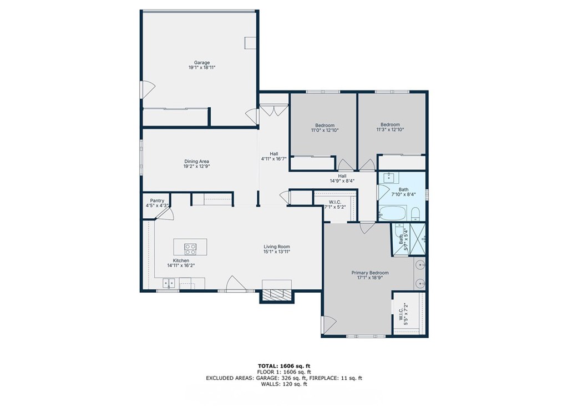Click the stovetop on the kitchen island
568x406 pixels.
click(190, 248)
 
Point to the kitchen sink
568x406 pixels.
click(169, 283)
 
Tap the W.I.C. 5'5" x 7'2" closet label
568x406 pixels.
click(403, 313)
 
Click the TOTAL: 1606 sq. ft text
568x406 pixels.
click(284, 365)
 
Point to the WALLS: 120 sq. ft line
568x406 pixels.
click(284, 384)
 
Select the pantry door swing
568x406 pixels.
click(166, 214)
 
